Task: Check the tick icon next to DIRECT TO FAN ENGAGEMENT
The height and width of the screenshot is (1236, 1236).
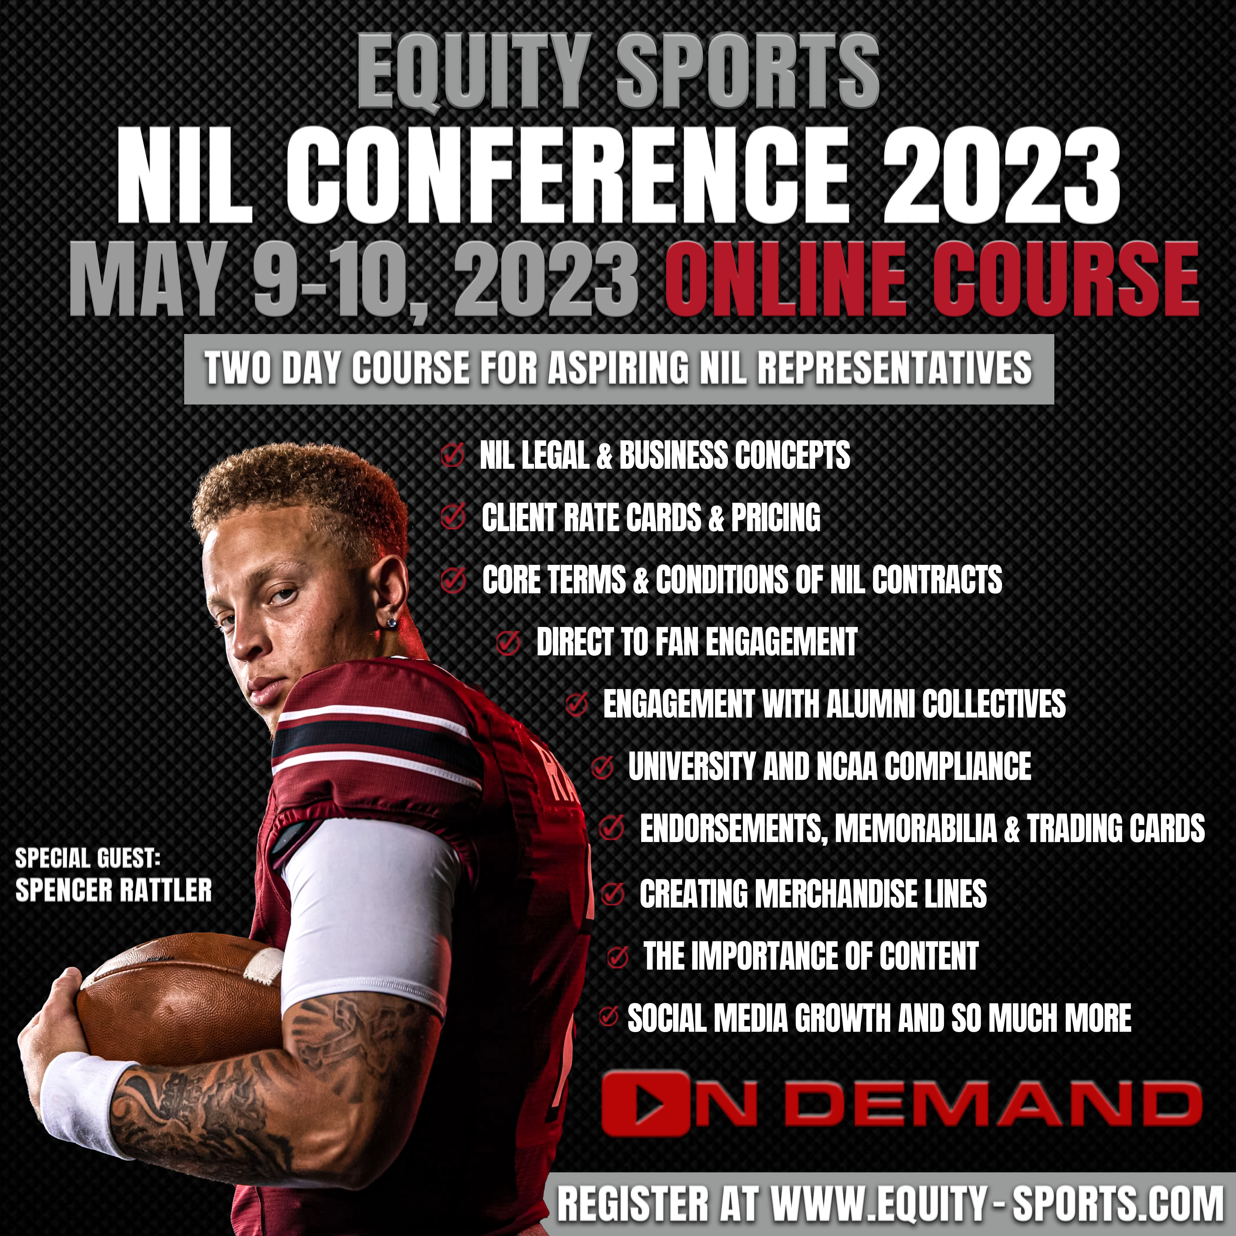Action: coord(508,643)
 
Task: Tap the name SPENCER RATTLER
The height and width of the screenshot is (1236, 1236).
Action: coord(113,890)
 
